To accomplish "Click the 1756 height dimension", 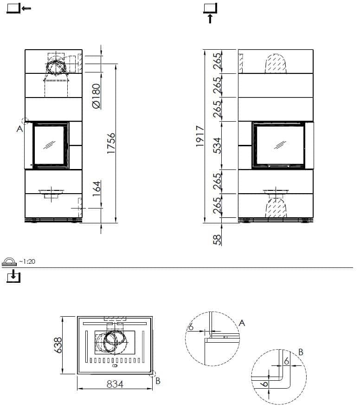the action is click(111, 143).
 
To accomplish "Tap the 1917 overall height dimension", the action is click(200, 136).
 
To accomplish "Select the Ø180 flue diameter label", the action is click(96, 96).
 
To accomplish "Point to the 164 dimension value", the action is click(96, 189).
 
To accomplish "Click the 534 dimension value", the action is click(217, 146).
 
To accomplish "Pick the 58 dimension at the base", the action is click(217, 240).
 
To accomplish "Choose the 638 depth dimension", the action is click(58, 345).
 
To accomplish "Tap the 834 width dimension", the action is click(115, 384).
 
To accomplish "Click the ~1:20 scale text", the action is click(27, 261).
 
